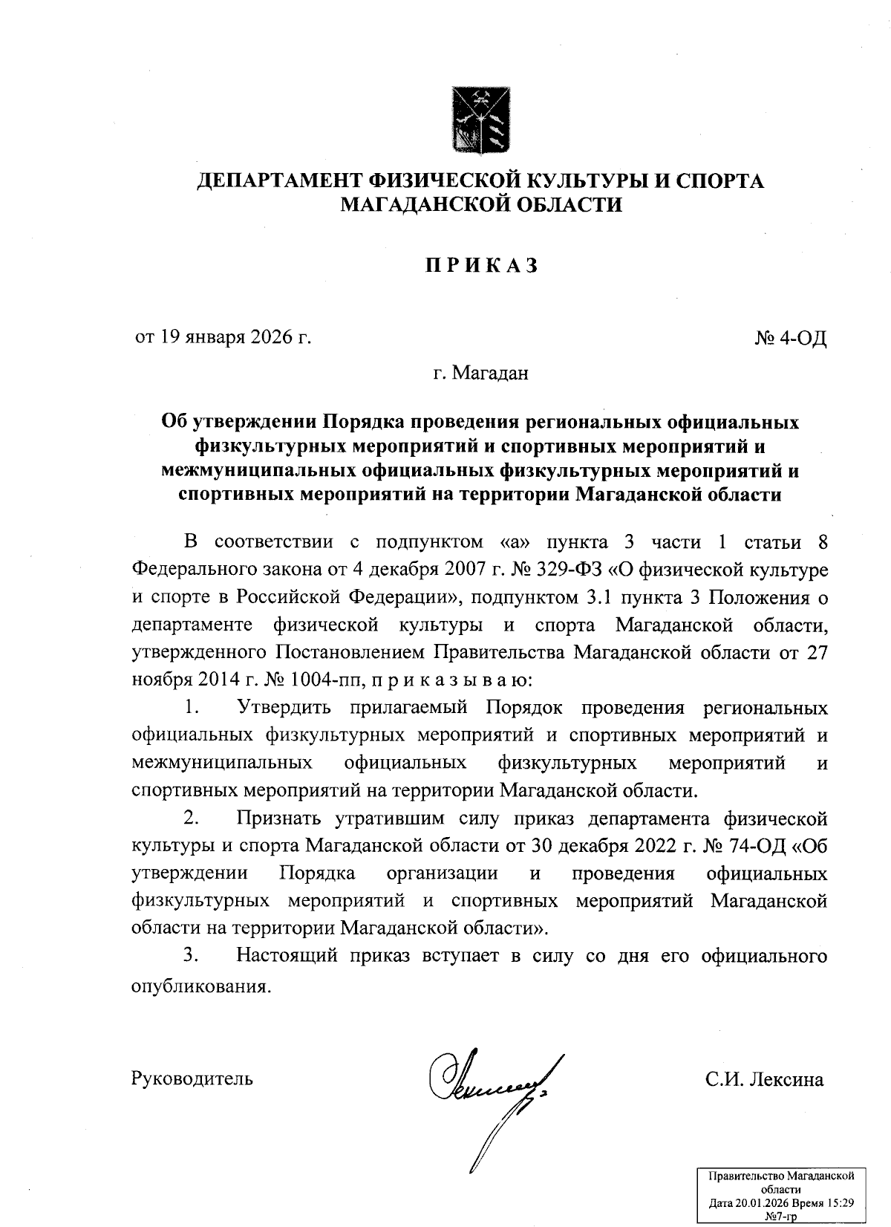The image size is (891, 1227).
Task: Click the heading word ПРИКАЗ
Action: point(481,266)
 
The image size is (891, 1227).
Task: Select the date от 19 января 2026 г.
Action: point(222,338)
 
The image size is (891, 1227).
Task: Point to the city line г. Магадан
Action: point(480,374)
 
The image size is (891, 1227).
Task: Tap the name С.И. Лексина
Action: point(764,1078)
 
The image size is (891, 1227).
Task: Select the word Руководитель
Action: point(192,1078)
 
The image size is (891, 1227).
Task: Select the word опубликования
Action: point(198,987)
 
